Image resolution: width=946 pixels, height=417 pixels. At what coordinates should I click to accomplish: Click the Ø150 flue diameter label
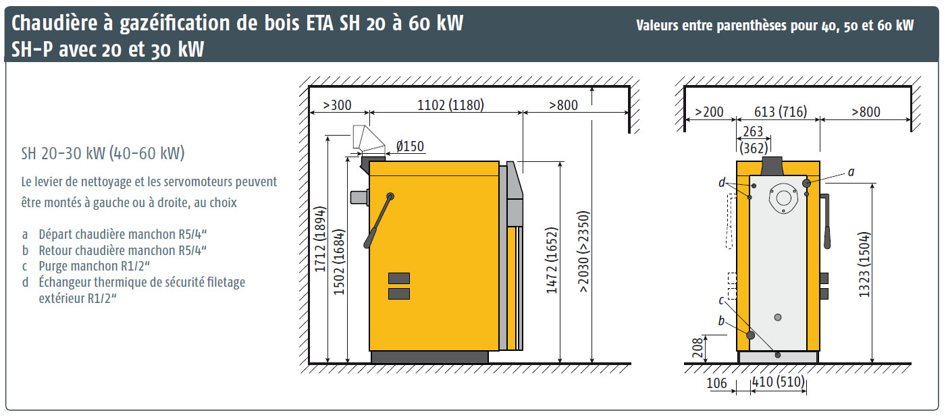411,146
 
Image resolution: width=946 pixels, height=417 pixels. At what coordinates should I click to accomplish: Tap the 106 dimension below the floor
716,384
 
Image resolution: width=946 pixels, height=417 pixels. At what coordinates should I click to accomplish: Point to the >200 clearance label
708,112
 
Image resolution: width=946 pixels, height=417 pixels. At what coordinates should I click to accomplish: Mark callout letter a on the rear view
851,172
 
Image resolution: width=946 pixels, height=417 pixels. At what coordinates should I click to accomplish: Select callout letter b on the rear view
722,321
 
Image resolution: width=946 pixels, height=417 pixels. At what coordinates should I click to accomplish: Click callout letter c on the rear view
722,300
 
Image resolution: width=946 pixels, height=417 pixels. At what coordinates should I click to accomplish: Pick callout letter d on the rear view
722,182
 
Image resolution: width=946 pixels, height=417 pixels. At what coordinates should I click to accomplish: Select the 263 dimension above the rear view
753,132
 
